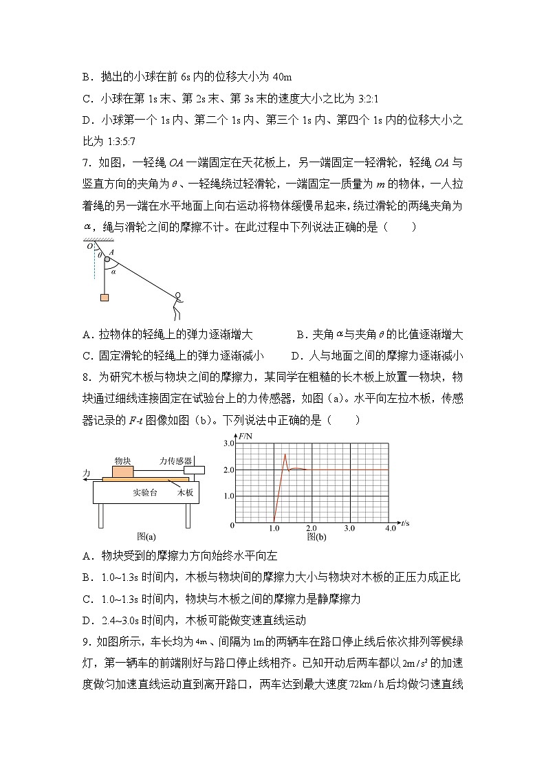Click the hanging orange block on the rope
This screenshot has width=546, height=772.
104,298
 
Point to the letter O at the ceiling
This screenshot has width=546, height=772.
88,246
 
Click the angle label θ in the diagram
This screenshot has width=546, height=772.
99,254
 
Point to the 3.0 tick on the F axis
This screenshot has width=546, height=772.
228,443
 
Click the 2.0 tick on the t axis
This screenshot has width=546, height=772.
311,528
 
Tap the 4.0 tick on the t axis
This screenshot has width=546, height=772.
389,528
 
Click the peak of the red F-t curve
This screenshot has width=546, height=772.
285,454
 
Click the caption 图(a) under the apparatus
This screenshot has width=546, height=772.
146,537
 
